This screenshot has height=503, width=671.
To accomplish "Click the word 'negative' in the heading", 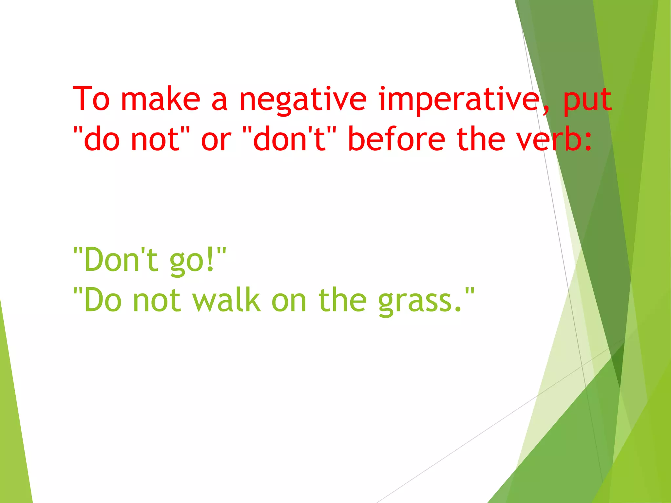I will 303,100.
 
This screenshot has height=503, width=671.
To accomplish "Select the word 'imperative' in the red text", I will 459,100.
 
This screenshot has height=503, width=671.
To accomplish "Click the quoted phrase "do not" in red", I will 131,139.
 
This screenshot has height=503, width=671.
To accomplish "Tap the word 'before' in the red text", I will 396,139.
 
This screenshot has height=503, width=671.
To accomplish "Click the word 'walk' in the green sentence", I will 226,300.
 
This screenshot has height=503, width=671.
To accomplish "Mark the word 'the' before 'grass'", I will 342,300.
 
